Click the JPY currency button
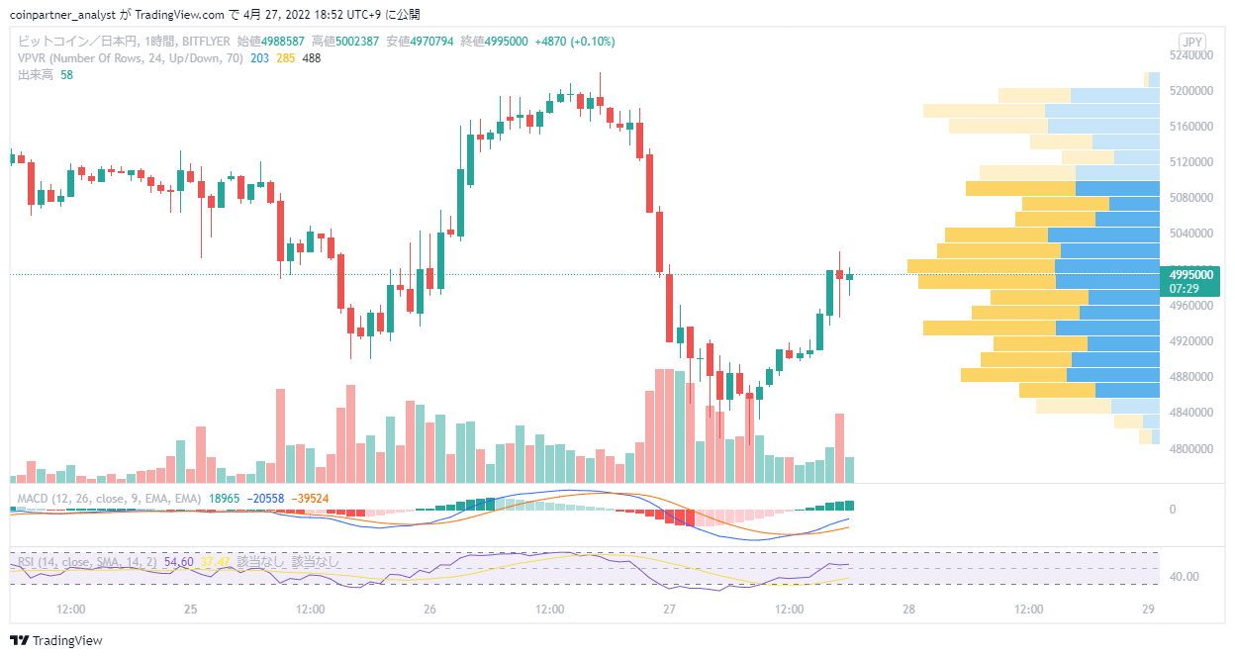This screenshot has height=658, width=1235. tap(1192, 42)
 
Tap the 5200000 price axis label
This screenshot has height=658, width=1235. tap(1190, 90)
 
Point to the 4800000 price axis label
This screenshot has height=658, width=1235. tap(1190, 448)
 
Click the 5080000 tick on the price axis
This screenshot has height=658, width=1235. tap(1190, 197)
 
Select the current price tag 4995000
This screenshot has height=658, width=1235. tap(1190, 274)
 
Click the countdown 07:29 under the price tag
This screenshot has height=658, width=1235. tap(1184, 289)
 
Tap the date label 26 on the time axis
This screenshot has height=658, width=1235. tap(429, 610)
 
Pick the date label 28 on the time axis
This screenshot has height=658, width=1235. tap(908, 610)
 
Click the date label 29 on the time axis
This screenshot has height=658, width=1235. tap(1148, 610)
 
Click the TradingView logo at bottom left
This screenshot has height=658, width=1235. tap(56, 640)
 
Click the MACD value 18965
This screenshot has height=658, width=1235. tap(224, 499)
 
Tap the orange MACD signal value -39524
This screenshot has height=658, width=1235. tap(310, 499)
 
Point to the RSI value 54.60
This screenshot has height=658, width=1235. tap(179, 562)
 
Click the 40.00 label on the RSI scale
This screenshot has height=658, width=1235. tap(1184, 577)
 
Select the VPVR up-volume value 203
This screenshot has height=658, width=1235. tap(259, 58)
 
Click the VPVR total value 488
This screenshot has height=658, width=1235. tap(312, 58)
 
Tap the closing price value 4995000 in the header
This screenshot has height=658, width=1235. tap(506, 42)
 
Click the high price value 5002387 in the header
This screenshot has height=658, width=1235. tap(357, 42)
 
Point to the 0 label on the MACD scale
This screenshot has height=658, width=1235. tap(1173, 510)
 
